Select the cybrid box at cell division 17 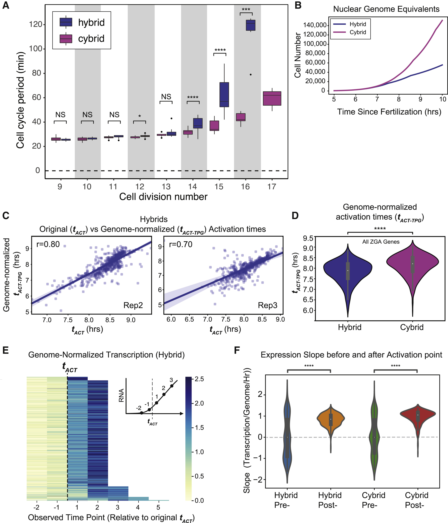click(x=272, y=98)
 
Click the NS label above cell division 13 click(x=166, y=97)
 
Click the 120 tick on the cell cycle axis click(x=36, y=24)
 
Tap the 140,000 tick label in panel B click(x=315, y=25)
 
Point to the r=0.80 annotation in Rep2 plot click(x=48, y=244)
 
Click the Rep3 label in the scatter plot click(x=267, y=305)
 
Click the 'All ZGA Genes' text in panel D click(x=381, y=242)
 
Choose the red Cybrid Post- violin click(x=418, y=414)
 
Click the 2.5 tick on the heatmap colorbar click(x=199, y=379)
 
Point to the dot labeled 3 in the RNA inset click(x=172, y=386)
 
